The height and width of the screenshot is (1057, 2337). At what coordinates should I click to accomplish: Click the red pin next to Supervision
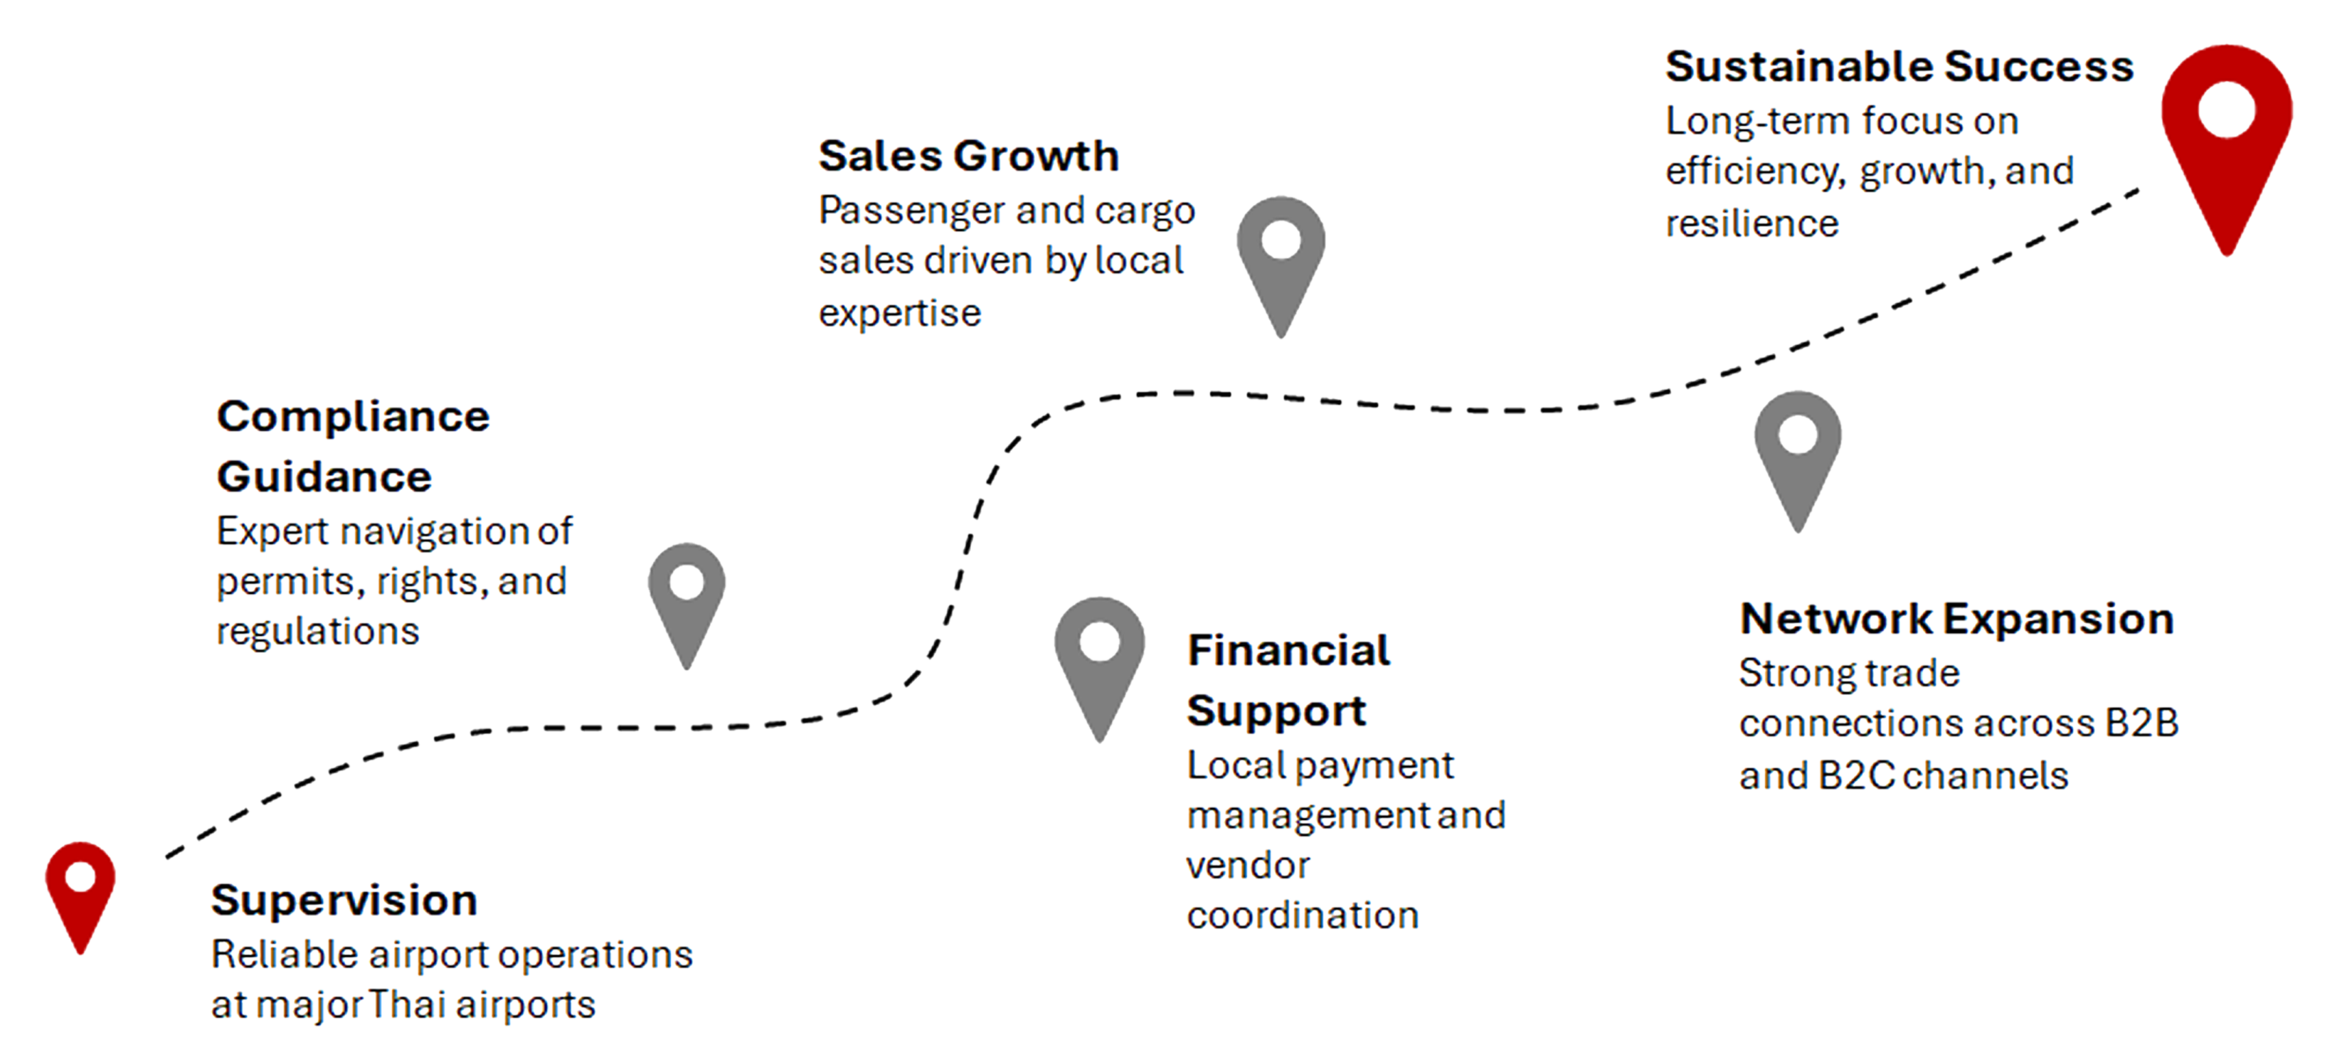pyautogui.click(x=80, y=889)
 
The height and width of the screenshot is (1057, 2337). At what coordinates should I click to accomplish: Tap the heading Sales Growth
pyautogui.click(x=968, y=156)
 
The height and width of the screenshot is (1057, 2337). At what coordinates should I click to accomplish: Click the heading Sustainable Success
pyautogui.click(x=1899, y=67)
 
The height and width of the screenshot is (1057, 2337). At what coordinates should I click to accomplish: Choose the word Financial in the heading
pyautogui.click(x=1288, y=651)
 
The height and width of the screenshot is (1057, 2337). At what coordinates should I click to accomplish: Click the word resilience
pyautogui.click(x=1751, y=223)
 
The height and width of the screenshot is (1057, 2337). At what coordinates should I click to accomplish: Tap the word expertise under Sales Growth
pyautogui.click(x=899, y=314)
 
